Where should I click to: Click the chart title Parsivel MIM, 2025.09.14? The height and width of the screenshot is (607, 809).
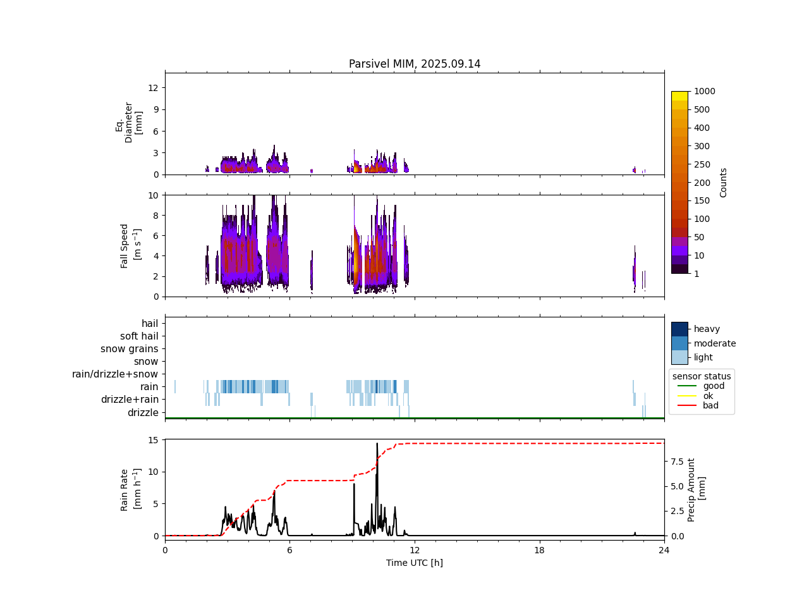tap(415, 64)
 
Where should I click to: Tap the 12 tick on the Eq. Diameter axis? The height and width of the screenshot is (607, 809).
tap(152, 87)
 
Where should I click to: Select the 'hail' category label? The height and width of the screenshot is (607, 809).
tap(150, 324)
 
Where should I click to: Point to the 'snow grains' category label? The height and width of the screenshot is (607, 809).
tap(130, 349)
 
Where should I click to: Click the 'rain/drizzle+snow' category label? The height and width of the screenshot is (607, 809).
tap(115, 374)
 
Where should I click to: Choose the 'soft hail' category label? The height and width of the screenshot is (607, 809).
tap(139, 336)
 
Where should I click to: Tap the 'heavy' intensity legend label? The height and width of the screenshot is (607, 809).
tap(707, 329)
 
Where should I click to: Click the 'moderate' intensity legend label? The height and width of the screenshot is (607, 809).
tap(715, 343)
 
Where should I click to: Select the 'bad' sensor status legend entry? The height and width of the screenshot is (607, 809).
tap(710, 406)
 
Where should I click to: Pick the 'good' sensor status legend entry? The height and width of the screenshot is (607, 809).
tap(714, 386)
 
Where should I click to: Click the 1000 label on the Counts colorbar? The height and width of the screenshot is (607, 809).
tap(705, 91)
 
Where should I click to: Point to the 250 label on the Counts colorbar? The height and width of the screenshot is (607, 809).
tap(702, 164)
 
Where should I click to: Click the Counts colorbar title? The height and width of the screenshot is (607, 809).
tap(724, 182)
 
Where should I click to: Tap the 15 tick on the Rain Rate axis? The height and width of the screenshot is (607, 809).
tap(154, 439)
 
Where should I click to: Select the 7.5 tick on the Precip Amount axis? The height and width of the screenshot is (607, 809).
tap(676, 462)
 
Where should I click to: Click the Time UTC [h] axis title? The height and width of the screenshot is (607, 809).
tap(415, 563)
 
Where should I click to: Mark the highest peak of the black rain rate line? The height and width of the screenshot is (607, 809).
tap(377, 444)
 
